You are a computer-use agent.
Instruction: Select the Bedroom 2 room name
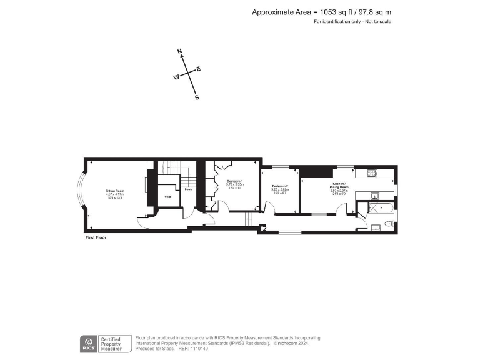[x=279, y=186]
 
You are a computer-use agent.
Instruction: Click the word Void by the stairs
[x=167, y=197]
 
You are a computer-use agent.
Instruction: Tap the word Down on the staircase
[x=187, y=189]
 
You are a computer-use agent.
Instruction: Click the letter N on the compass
[x=179, y=51]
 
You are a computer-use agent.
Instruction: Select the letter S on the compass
[x=197, y=97]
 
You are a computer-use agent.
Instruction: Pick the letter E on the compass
[x=199, y=69]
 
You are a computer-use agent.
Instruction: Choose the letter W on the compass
[x=176, y=77]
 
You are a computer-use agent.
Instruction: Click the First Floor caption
[x=96, y=238]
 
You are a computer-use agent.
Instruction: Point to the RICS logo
[x=88, y=343]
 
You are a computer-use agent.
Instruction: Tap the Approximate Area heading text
[x=321, y=12]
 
